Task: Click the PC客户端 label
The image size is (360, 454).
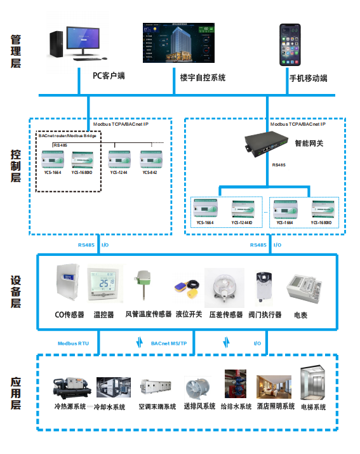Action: [108, 76]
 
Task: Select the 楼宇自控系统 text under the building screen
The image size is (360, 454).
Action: [203, 77]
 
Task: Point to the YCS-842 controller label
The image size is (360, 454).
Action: [149, 173]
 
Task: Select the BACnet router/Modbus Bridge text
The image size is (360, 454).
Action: [69, 136]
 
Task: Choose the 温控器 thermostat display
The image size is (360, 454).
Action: [103, 282]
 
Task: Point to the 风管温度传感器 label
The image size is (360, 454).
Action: [148, 314]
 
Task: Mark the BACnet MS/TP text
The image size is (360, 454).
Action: [169, 343]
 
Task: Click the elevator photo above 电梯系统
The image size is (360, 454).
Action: [313, 382]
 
